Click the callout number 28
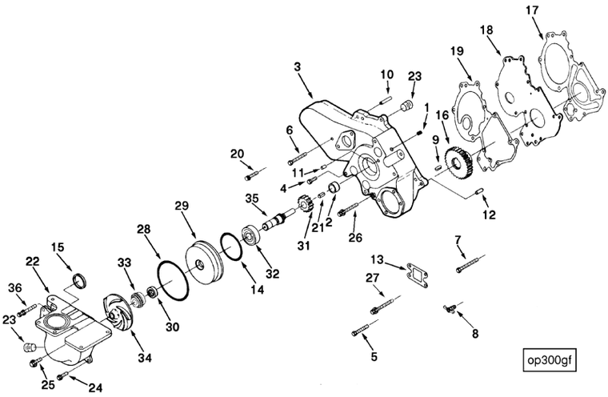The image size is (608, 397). tap(143, 229)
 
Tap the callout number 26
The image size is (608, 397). tap(356, 237)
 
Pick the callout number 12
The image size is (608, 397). tap(489, 214)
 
